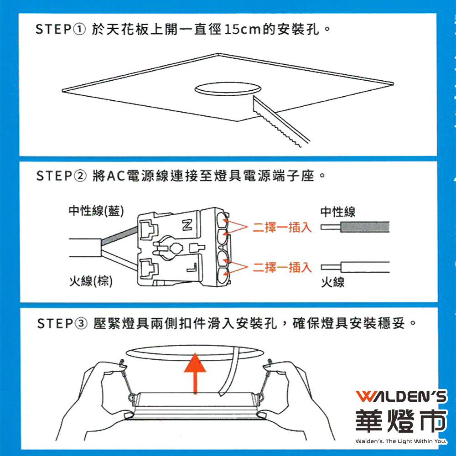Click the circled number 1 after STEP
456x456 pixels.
79,29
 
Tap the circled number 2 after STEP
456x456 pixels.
80,176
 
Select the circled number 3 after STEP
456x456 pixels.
82,323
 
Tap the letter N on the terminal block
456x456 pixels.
187,225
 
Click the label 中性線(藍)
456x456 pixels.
96,211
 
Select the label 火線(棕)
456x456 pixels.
91,281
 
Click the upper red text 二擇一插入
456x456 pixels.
282,227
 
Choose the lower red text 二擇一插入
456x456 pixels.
282,267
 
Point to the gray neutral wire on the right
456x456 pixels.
365,227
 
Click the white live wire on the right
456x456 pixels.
365,267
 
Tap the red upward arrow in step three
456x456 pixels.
195,374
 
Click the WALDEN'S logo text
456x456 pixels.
401,396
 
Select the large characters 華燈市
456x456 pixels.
401,421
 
